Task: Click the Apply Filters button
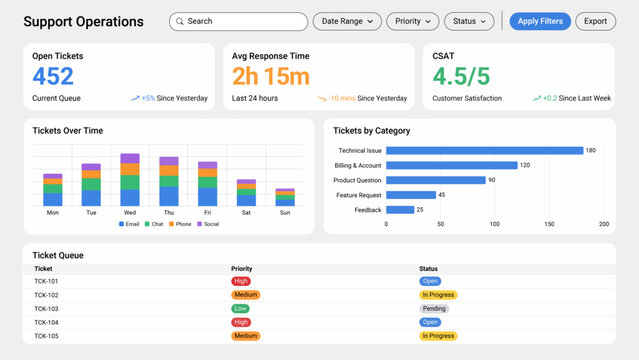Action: coord(539,21)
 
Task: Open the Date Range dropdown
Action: coord(347,21)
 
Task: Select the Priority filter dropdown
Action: coord(412,21)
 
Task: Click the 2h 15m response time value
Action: coord(271,76)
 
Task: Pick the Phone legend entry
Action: coord(181,224)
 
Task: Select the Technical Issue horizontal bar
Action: coord(484,150)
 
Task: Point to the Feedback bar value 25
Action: coord(420,210)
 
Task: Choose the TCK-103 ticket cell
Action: coord(46,309)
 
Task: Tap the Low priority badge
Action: coord(241,309)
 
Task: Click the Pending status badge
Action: coord(434,309)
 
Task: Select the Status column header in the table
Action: coord(430,268)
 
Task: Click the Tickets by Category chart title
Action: coord(371,131)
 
